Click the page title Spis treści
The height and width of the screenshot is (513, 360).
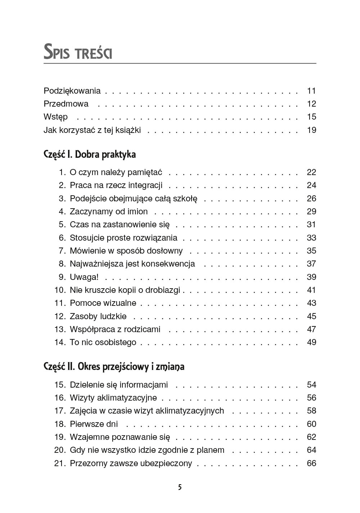[x=78, y=52]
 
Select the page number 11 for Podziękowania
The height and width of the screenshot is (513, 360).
[x=311, y=91]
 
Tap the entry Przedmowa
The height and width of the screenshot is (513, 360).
[x=66, y=104]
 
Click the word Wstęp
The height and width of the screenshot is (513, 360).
[x=55, y=117]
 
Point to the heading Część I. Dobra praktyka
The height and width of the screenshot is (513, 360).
[x=90, y=155]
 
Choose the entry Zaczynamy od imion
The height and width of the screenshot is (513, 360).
[x=109, y=211]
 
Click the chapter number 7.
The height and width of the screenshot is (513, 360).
[x=62, y=251]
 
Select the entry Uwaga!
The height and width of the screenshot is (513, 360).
[x=84, y=277]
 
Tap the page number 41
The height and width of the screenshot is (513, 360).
[x=311, y=290]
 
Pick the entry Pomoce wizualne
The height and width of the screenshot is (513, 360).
[x=103, y=303]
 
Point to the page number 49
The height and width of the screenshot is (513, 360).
[x=311, y=342]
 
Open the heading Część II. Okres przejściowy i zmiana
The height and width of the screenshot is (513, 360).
[x=114, y=367]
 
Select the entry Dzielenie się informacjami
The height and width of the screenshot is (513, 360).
[x=119, y=385]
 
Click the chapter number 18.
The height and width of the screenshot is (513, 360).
[x=60, y=424]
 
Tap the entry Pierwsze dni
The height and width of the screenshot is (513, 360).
[x=94, y=424]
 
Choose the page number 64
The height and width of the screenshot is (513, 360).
[x=311, y=450]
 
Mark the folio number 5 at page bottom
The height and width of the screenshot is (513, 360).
[x=180, y=487]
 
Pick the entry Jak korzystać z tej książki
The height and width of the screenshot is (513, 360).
[x=92, y=130]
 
